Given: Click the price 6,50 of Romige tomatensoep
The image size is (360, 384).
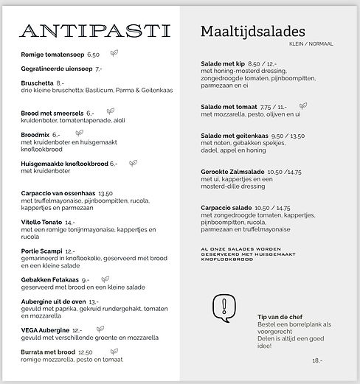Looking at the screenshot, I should point(93,55).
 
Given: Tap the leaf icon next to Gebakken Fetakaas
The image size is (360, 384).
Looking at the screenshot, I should point(105,279).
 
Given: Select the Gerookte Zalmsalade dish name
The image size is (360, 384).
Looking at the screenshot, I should point(231,171).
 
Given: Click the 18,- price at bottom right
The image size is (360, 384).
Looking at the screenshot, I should point(317,360).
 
